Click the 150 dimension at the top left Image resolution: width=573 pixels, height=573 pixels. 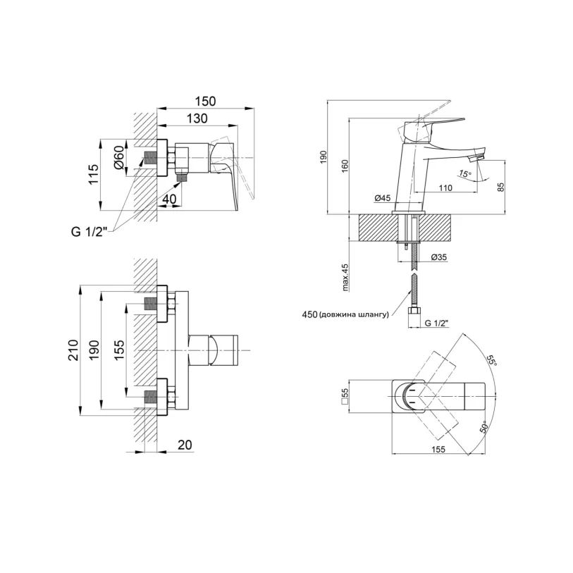pyautogui.click(x=205, y=101)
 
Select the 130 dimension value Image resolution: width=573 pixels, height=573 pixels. pyautogui.click(x=197, y=118)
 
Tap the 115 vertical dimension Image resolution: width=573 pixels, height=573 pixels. pyautogui.click(x=94, y=174)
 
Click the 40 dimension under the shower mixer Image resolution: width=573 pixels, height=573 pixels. pyautogui.click(x=169, y=199)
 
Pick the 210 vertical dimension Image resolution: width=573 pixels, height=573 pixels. pyautogui.click(x=73, y=350)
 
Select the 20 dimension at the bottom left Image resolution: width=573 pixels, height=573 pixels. pyautogui.click(x=185, y=445)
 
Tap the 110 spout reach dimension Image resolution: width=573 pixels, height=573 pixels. pyautogui.click(x=445, y=188)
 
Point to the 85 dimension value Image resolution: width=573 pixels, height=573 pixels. pyautogui.click(x=501, y=186)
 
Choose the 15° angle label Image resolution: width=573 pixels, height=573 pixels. pyautogui.click(x=465, y=174)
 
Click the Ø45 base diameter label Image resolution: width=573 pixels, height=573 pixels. pyautogui.click(x=383, y=198)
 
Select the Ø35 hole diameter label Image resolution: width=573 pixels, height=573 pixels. pyautogui.click(x=439, y=257)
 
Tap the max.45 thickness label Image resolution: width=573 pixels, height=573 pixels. pyautogui.click(x=345, y=278)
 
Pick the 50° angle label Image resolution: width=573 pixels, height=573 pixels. pyautogui.click(x=483, y=427)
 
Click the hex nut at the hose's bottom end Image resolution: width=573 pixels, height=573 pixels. pyautogui.click(x=414, y=312)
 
